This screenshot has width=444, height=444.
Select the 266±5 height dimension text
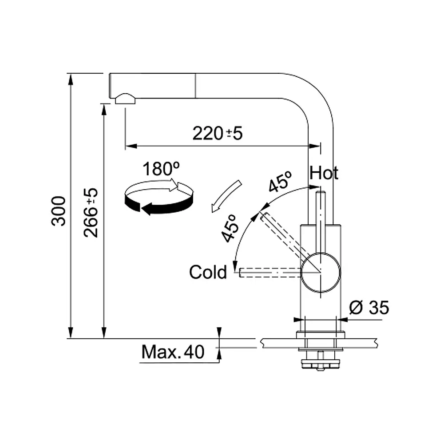91,212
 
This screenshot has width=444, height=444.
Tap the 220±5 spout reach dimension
218,133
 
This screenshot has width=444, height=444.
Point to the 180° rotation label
161,169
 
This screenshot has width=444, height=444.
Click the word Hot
324,173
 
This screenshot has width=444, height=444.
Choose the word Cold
208,272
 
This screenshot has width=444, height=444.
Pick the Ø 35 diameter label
369,307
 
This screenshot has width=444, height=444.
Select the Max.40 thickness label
173,353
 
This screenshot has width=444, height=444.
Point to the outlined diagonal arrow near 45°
226,195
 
